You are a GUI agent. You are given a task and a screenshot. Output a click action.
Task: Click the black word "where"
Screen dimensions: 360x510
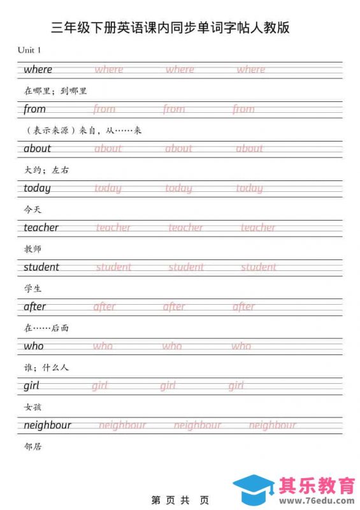pyautogui.click(x=38, y=69)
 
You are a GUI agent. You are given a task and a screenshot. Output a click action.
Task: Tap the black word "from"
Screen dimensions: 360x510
pyautogui.click(x=34, y=109)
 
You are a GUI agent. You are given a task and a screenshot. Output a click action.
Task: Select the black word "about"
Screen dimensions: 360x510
pyautogui.click(x=37, y=149)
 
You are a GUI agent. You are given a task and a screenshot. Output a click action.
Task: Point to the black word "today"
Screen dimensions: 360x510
pyautogui.click(x=37, y=188)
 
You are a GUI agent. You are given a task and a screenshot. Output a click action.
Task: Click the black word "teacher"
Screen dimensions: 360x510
pyautogui.click(x=41, y=228)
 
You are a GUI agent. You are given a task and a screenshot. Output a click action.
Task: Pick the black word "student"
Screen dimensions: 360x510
pyautogui.click(x=41, y=267)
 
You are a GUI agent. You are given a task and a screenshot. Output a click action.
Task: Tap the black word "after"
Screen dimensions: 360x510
pyautogui.click(x=34, y=307)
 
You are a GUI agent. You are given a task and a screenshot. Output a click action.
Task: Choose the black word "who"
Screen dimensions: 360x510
pyautogui.click(x=34, y=346)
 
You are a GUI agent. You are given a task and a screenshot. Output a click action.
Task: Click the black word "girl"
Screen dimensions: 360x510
pyautogui.click(x=31, y=386)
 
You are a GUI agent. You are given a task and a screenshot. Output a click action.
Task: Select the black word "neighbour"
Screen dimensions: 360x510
pyautogui.click(x=47, y=425)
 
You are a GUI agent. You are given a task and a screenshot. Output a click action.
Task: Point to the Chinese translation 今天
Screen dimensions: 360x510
pyautogui.click(x=32, y=208)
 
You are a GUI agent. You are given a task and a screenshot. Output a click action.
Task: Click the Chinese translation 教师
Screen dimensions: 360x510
pyautogui.click(x=32, y=248)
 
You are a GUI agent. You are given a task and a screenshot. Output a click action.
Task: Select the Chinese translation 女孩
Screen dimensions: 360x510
pyautogui.click(x=32, y=406)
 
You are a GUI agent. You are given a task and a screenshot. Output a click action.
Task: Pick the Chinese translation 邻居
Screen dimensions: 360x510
pyautogui.click(x=32, y=446)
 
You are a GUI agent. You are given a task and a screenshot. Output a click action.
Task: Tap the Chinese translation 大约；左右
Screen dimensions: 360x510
pyautogui.click(x=46, y=170)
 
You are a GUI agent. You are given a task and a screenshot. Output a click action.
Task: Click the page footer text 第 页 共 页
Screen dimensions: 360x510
pyautogui.click(x=180, y=500)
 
